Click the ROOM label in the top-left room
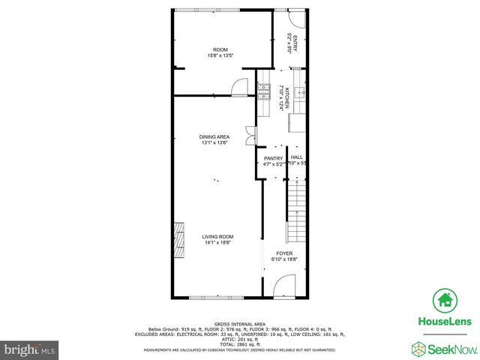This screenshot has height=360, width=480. click(x=220, y=49)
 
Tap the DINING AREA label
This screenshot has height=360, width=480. click(x=214, y=136)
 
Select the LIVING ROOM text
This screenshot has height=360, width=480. click(x=218, y=237)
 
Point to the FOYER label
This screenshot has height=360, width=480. click(x=284, y=253)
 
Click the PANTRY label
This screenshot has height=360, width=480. click(x=272, y=158)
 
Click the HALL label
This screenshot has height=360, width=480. click(x=296, y=157)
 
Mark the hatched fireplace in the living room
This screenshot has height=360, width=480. click(x=179, y=241)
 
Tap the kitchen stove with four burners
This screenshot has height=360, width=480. click(x=263, y=92)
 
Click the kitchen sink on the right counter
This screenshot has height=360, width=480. click(x=298, y=94)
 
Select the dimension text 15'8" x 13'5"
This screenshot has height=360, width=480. click(x=220, y=55)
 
